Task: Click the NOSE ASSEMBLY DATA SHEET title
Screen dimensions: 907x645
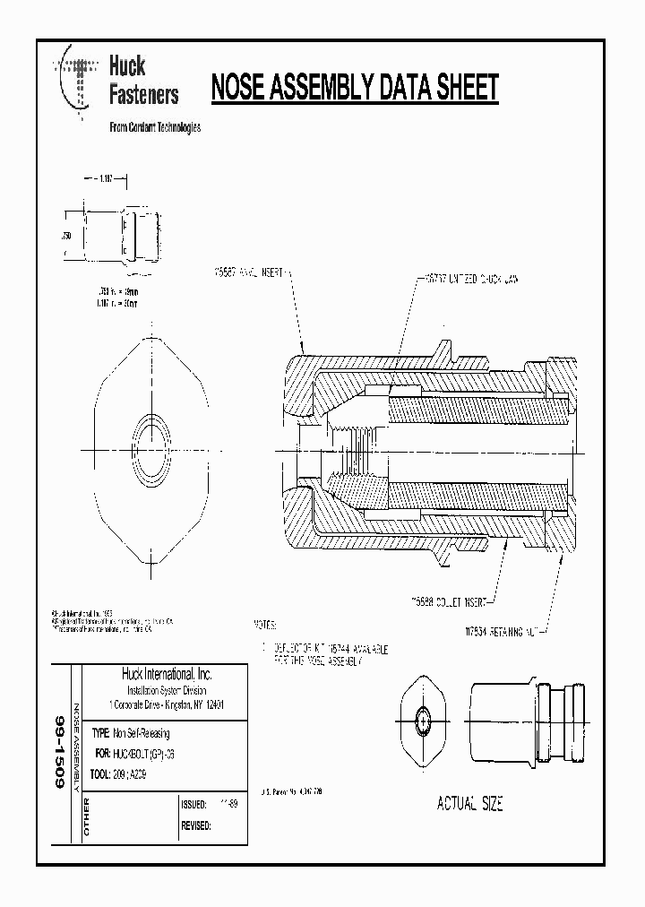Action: click(x=354, y=88)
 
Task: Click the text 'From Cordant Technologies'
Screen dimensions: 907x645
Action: click(x=154, y=127)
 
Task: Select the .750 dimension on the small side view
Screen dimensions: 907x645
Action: click(x=66, y=236)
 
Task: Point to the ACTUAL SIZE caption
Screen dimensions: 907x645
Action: click(x=469, y=804)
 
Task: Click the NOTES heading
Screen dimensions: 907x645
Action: click(x=266, y=623)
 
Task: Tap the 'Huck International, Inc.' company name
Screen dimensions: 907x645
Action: click(x=166, y=675)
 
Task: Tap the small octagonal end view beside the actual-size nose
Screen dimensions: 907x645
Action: click(x=422, y=720)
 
